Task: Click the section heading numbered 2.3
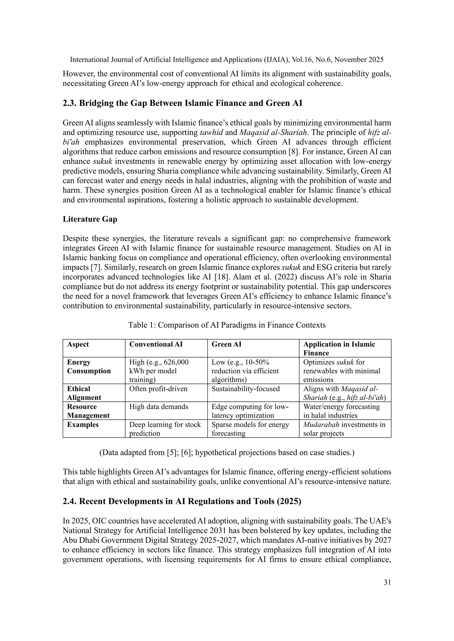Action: tap(182, 103)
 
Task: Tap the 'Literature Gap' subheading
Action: tap(90, 219)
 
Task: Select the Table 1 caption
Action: tap(227, 325)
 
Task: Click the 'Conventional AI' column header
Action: tap(156, 344)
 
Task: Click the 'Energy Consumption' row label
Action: tap(89, 366)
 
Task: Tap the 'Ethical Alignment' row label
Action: tap(84, 393)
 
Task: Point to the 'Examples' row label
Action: tap(83, 425)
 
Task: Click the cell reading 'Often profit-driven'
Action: tap(158, 389)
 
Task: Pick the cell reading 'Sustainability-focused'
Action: tap(245, 389)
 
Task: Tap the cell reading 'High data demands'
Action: tap(159, 407)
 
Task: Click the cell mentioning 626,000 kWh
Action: tap(159, 371)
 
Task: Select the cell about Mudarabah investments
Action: tap(344, 429)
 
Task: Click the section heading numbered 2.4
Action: tap(182, 501)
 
